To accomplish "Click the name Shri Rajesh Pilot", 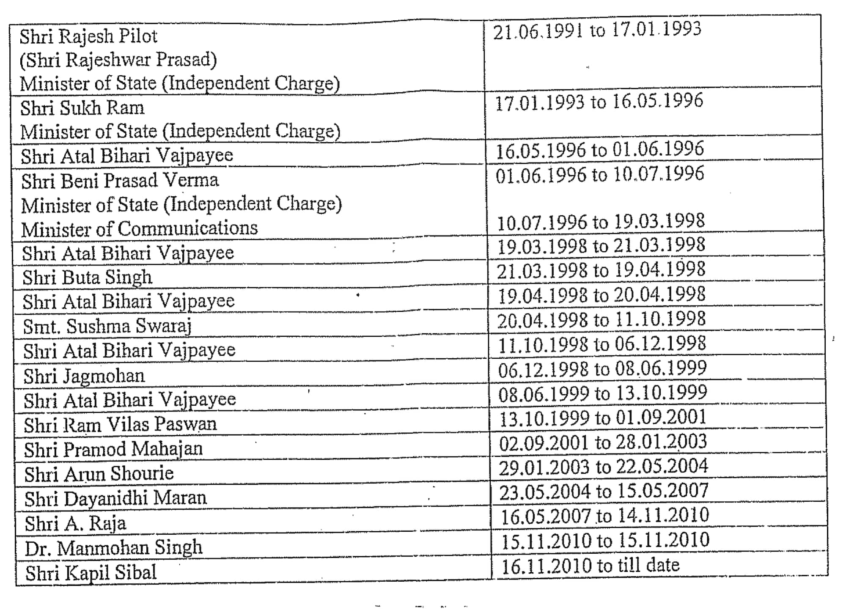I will [88, 36].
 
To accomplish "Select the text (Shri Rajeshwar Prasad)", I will [118, 60].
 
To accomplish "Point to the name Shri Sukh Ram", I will [82, 108].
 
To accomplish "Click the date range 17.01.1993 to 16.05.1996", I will [599, 102].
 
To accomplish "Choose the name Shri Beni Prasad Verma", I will [120, 181].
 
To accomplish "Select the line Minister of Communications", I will [139, 229].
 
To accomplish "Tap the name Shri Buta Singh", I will [87, 278].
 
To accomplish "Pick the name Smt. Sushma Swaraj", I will [107, 326].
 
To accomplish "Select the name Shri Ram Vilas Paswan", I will [120, 424].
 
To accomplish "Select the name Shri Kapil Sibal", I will [91, 573].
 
